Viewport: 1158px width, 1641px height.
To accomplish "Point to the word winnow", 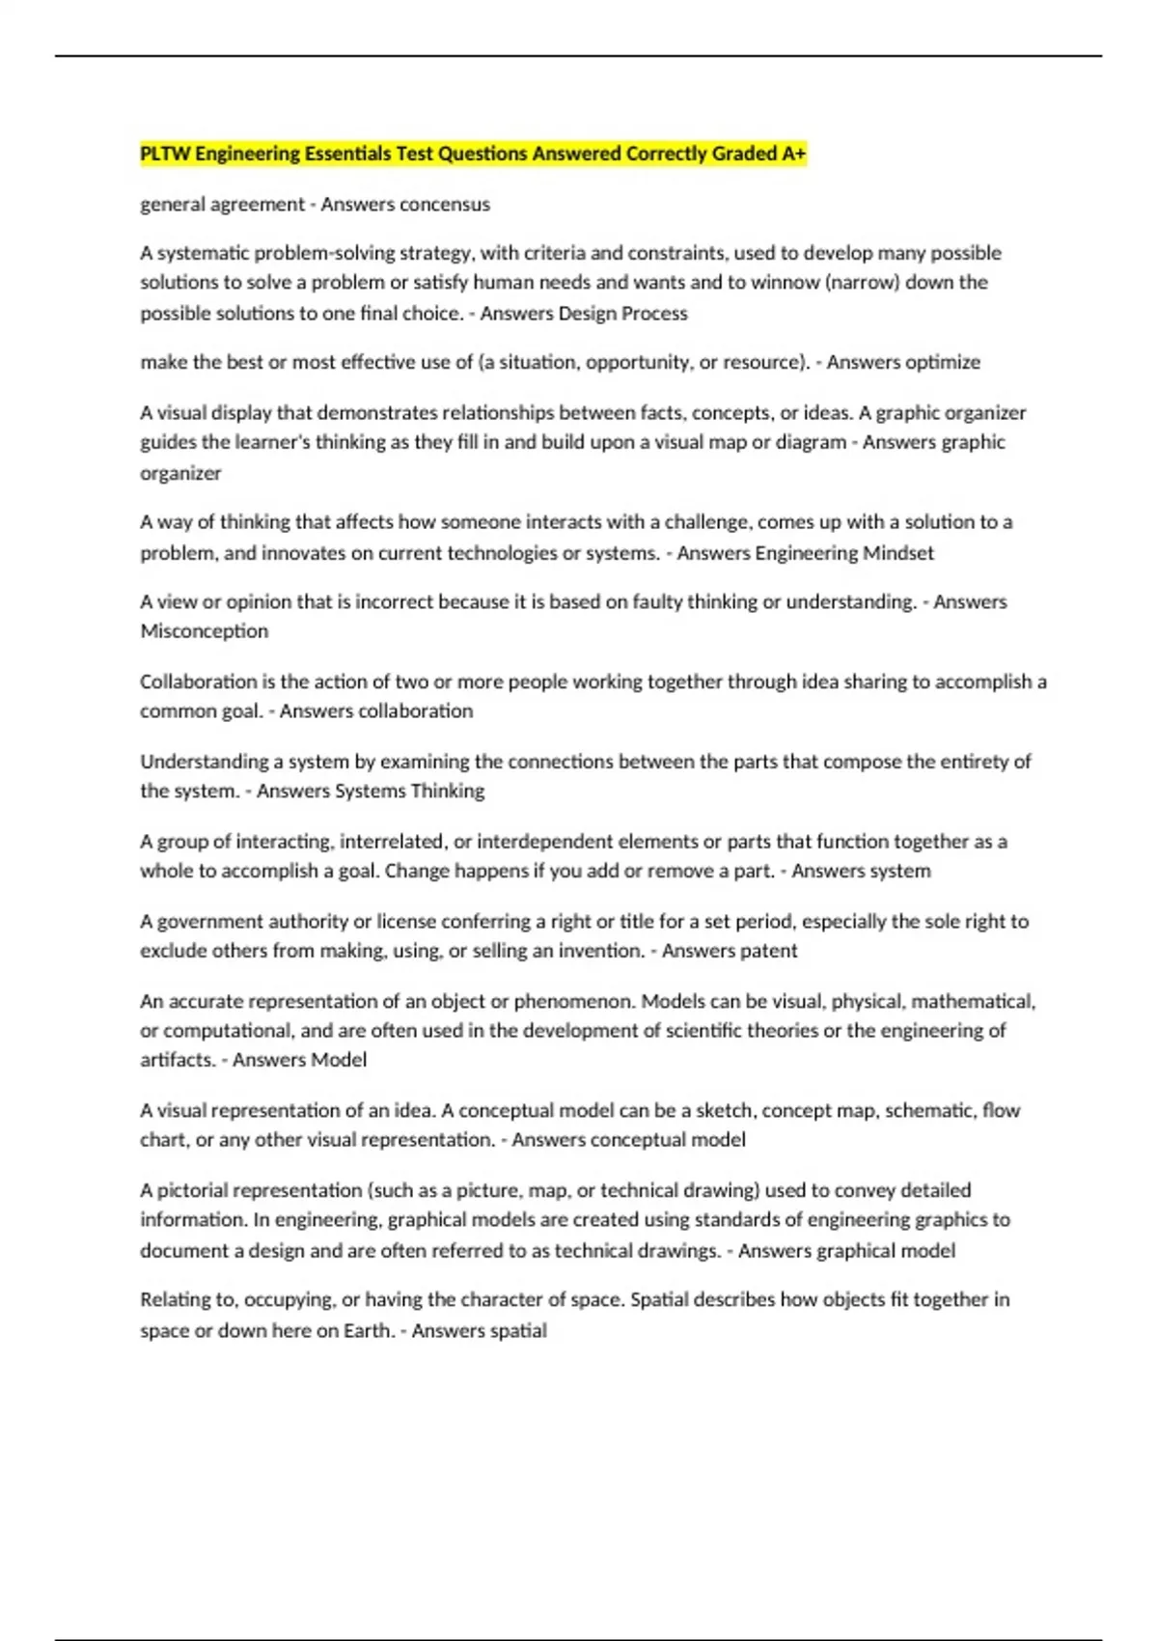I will pos(789,283).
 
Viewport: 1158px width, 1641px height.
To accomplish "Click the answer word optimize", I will pos(943,362).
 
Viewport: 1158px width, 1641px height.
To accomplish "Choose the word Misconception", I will pos(205,631).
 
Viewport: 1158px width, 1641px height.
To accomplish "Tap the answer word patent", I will pos(764,951).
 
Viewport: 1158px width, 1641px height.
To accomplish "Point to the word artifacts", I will pos(176,1060).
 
